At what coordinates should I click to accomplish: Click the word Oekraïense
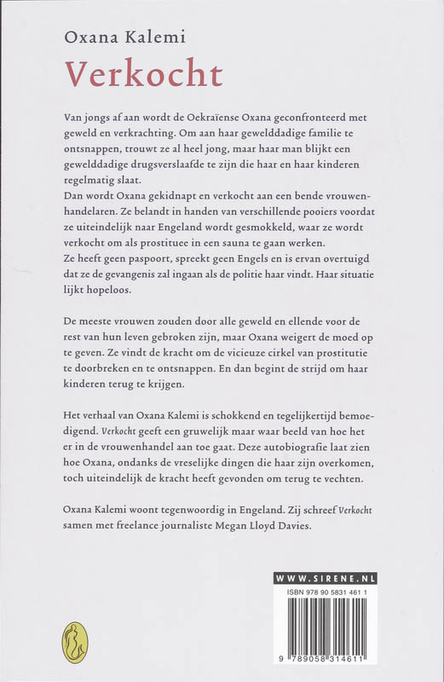(222, 116)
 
